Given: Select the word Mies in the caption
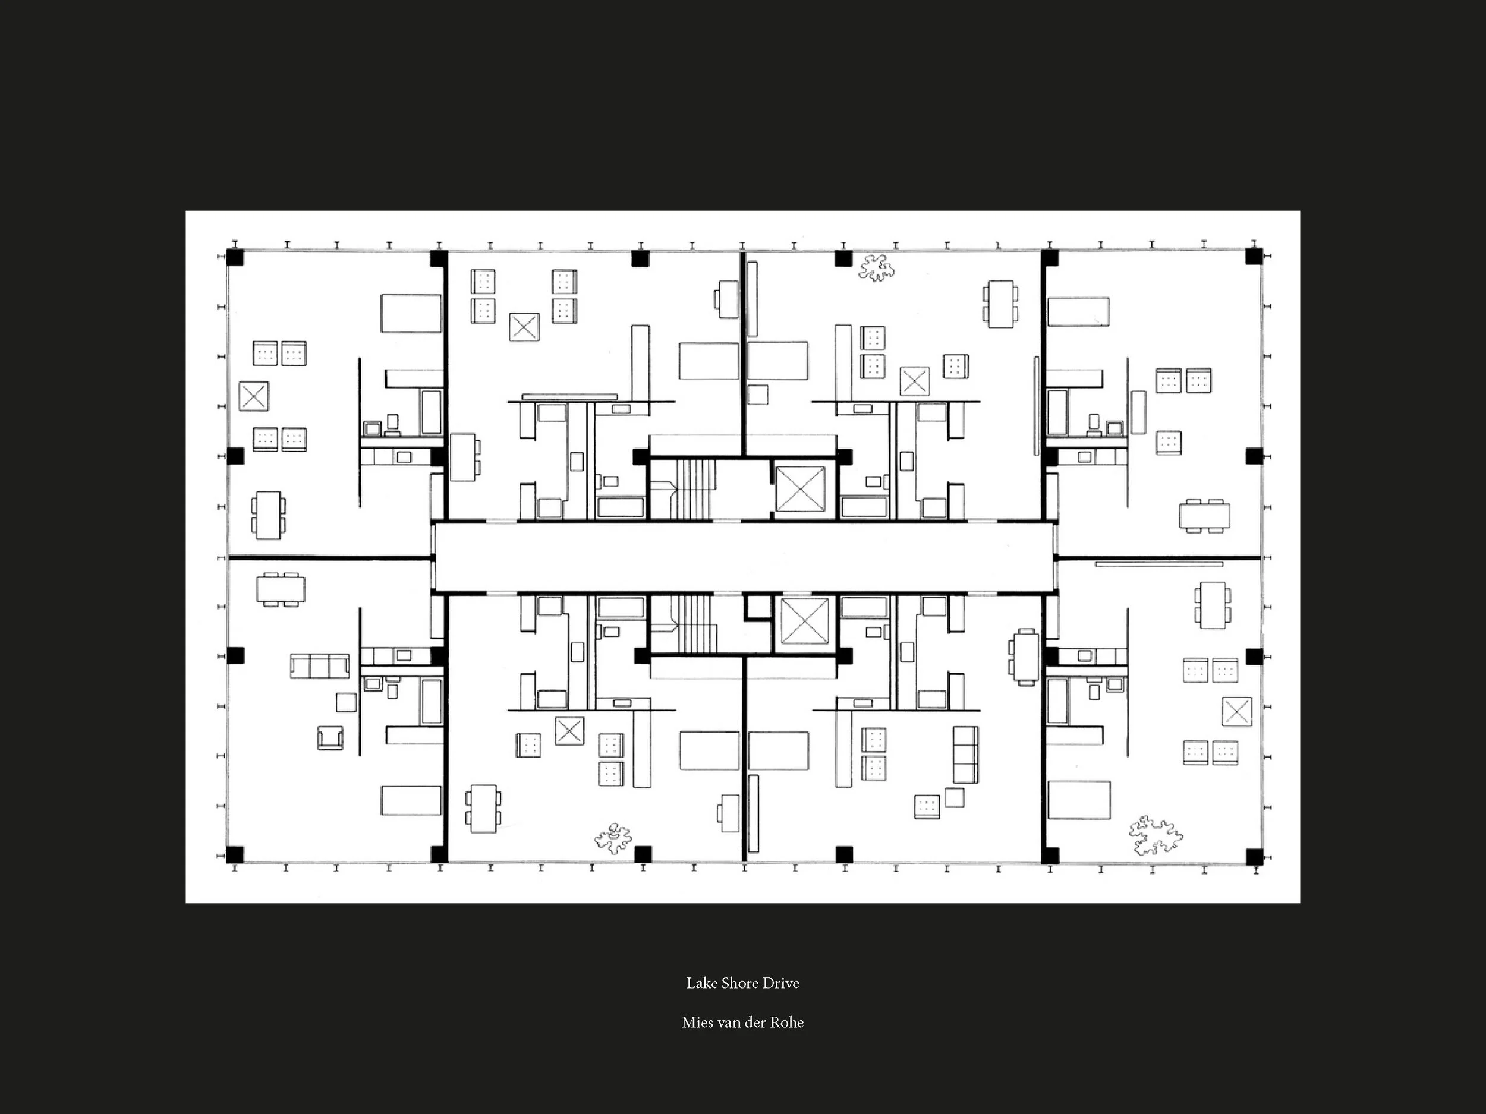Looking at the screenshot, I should [x=697, y=1023].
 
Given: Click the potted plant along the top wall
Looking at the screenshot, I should [x=877, y=269].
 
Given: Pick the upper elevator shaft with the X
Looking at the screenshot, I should [x=800, y=489].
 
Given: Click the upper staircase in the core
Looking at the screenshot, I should [x=694, y=489].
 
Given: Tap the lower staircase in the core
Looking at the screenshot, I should [x=694, y=624].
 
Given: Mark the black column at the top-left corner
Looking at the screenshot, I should [x=234, y=257].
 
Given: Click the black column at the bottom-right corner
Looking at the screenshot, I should [x=1254, y=856].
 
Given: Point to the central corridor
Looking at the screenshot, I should [x=743, y=557].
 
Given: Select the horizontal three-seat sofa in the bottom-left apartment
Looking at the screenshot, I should [x=320, y=666].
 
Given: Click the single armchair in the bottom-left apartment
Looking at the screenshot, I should [x=330, y=737].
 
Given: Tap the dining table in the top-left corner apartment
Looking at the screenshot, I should [x=268, y=515].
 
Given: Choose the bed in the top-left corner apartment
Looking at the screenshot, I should [x=411, y=313].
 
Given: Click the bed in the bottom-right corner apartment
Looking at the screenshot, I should [x=1079, y=800].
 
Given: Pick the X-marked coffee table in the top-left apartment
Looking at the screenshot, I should [x=254, y=396].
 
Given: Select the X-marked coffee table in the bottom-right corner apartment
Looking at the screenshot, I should [x=1237, y=712].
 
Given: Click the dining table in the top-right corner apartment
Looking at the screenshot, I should [x=1204, y=516].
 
